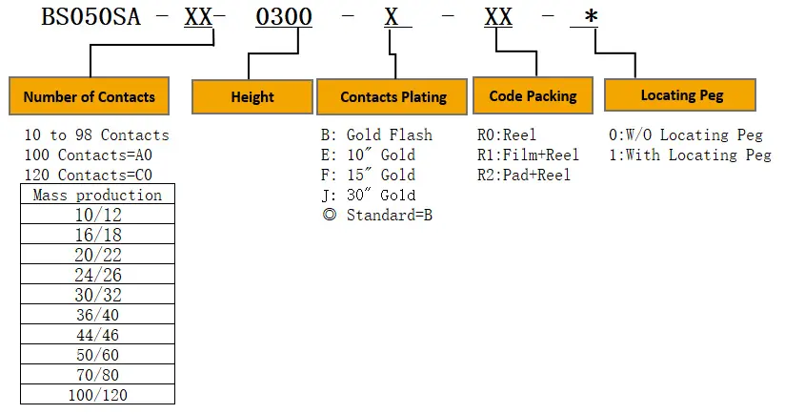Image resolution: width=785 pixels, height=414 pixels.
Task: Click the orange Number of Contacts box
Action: pos(90,96)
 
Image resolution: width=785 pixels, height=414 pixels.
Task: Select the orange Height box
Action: pos(252,97)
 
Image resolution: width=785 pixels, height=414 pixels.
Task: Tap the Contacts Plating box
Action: pos(393,97)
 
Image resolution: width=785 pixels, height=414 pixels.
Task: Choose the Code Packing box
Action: pos(533,95)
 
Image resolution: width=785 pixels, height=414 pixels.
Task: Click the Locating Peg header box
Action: pos(680,95)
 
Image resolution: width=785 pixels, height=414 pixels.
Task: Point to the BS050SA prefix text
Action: pos(91,19)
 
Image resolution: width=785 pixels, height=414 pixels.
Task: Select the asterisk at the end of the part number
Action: pos(591,19)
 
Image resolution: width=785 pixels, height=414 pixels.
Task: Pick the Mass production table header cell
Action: pos(97,196)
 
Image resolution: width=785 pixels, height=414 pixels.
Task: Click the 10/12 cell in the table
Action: pos(97,216)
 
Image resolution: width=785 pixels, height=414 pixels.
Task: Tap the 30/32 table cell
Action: pos(97,295)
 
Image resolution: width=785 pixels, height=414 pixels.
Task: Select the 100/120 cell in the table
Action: pos(97,394)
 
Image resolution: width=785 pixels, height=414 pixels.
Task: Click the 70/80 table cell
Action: pos(97,374)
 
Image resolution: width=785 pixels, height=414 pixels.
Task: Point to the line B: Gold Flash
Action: pos(376,135)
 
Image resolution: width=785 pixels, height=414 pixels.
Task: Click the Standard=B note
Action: pos(377,215)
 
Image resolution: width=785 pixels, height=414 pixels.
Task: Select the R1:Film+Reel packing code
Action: pos(528,155)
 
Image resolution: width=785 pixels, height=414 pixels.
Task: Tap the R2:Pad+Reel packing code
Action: pos(524,176)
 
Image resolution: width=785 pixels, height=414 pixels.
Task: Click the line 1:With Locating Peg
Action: pos(690,155)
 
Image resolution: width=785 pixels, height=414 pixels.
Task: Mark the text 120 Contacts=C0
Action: pos(88,176)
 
